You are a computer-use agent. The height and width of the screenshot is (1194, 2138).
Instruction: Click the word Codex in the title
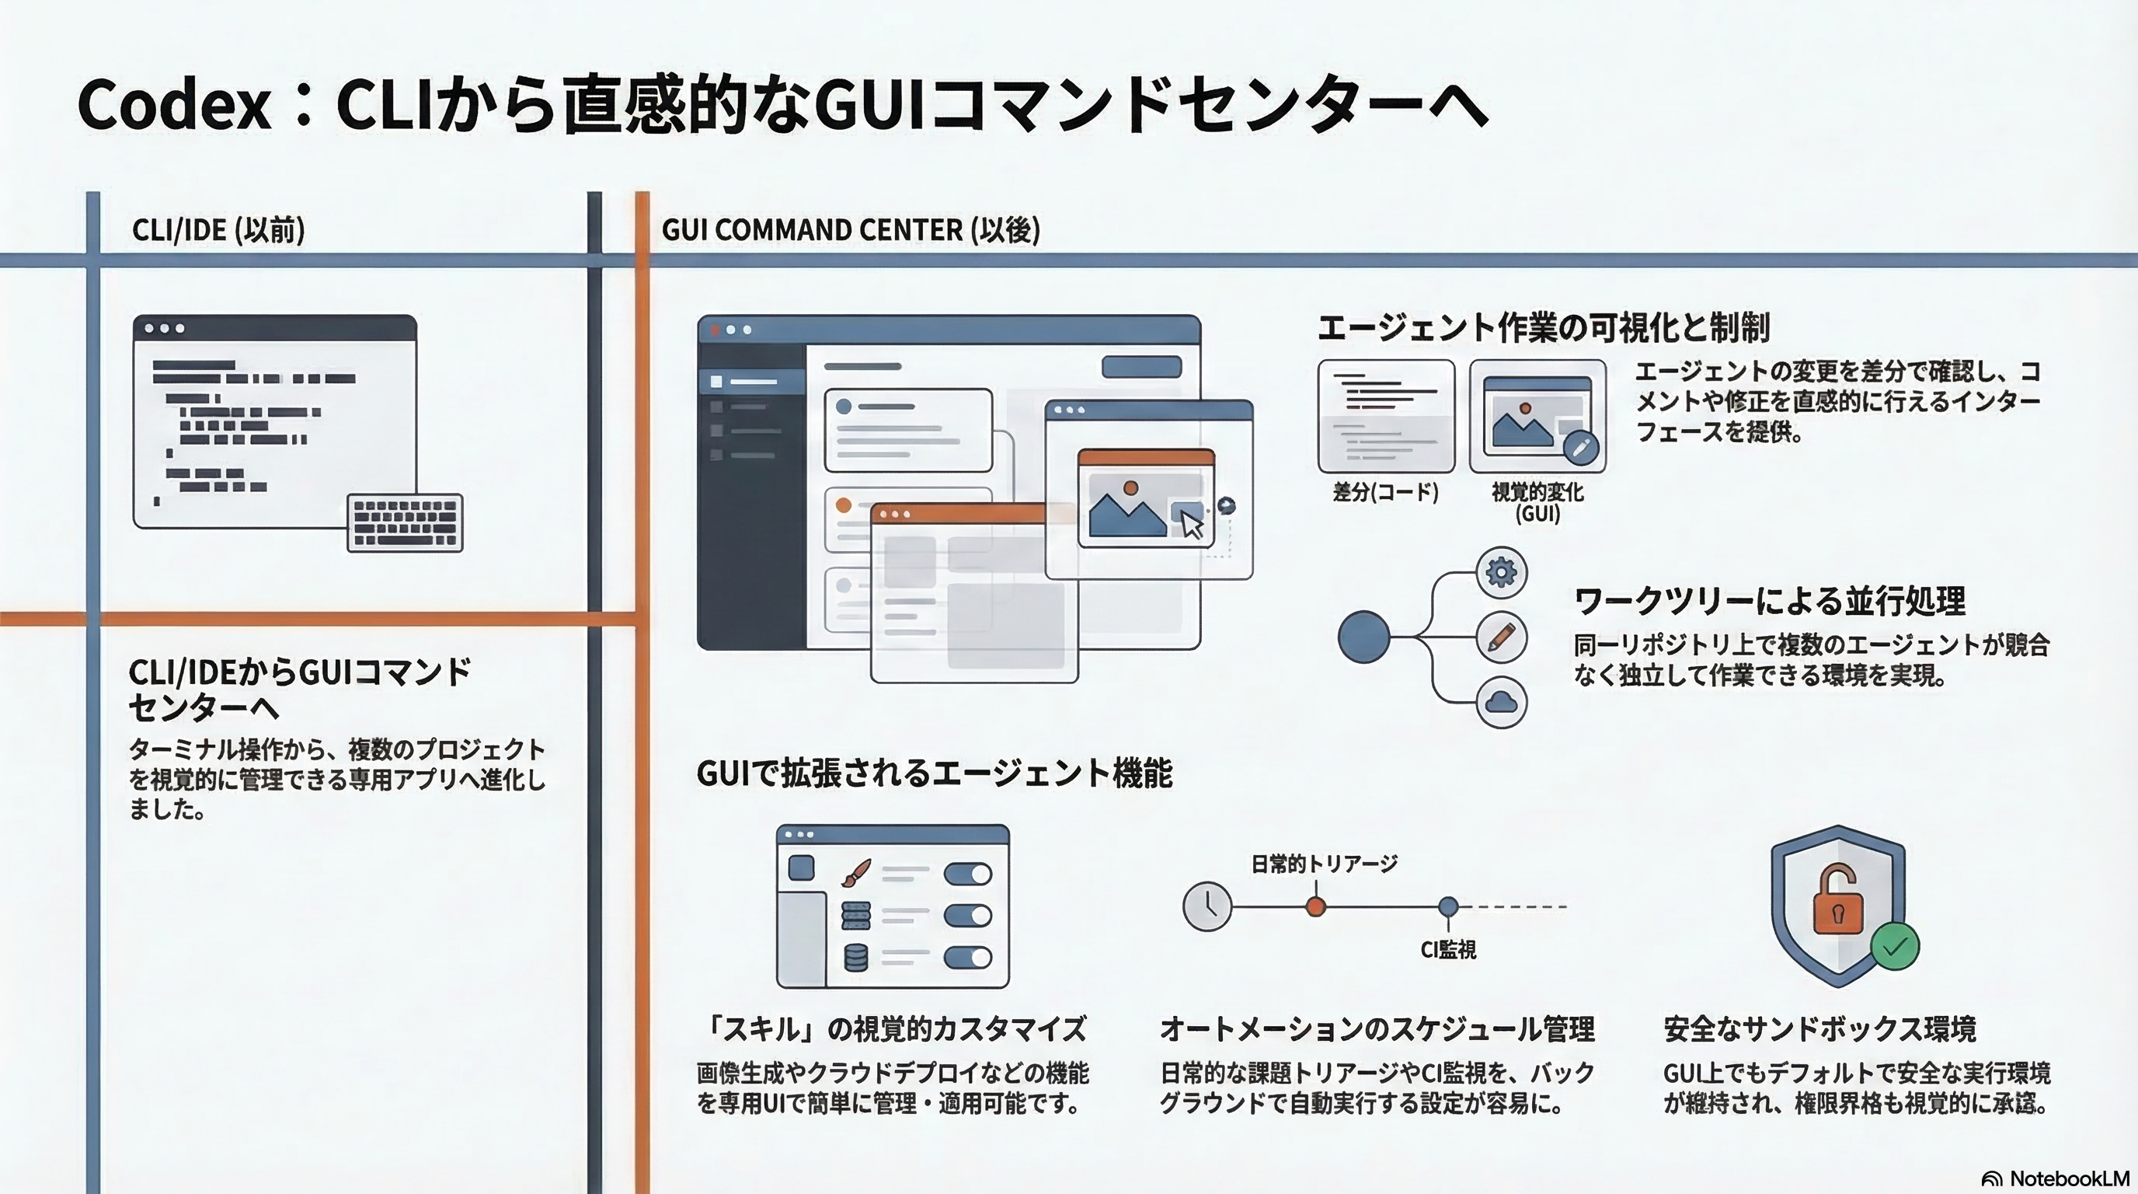point(174,106)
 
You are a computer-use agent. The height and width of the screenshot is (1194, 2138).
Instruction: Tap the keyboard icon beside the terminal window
point(405,523)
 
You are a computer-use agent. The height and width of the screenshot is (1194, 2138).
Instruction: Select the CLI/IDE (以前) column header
point(218,230)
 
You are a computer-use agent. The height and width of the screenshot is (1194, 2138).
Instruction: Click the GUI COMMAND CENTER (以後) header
point(850,230)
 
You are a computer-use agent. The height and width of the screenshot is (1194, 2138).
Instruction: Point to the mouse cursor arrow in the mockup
point(1192,525)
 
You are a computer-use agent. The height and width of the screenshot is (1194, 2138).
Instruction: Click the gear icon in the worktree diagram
point(1502,572)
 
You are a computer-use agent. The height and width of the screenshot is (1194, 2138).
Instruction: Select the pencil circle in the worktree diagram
point(1502,637)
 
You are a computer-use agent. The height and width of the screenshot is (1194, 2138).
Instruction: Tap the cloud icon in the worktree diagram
point(1502,703)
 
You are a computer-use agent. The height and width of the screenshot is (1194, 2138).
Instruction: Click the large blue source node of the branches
point(1363,637)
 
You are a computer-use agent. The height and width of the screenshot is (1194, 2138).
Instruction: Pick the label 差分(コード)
point(1385,492)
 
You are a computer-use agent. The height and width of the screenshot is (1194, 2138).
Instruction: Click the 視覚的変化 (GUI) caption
point(1537,502)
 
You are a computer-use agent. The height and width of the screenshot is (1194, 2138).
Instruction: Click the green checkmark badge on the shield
point(1895,947)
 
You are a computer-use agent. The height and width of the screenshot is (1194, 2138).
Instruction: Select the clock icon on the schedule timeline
point(1207,906)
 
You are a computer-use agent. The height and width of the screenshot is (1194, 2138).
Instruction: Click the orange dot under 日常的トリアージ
point(1315,906)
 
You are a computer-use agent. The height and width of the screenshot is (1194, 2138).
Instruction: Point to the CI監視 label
point(1448,950)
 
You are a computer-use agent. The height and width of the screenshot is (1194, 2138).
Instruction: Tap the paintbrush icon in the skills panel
point(855,873)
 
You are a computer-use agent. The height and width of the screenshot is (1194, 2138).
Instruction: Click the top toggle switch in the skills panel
point(968,874)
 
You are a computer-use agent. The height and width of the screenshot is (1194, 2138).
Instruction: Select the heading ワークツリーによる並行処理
point(1769,600)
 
